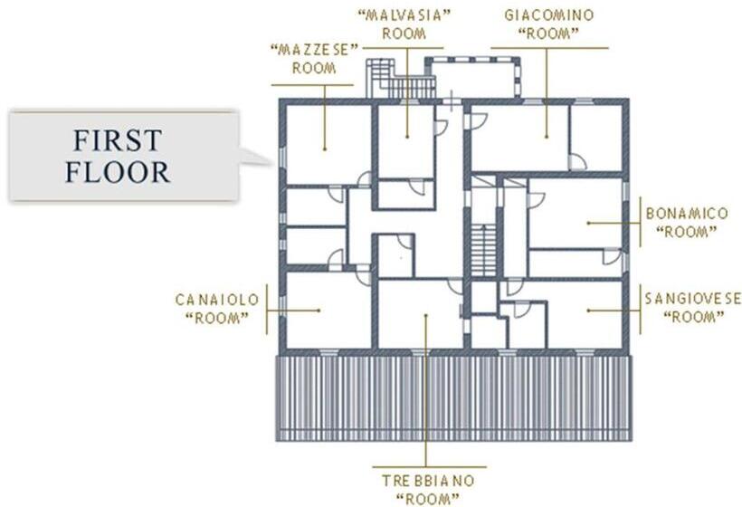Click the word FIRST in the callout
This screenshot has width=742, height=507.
point(118,140)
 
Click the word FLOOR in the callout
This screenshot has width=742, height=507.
point(118,172)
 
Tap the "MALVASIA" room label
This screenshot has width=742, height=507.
point(404,24)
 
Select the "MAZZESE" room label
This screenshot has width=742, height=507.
point(314,59)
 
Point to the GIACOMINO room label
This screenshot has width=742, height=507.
point(549,24)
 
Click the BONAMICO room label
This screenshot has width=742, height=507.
point(687,223)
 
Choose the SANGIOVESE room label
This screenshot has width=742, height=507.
point(693,307)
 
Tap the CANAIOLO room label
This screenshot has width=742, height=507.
point(217,309)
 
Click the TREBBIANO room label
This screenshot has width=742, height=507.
point(428,490)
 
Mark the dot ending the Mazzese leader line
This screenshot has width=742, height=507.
point(325,149)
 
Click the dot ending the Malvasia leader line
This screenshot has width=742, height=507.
point(407,138)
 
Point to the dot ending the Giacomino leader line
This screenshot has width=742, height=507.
point(547,138)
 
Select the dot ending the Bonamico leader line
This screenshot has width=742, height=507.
point(588,223)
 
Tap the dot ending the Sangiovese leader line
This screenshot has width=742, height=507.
point(588,311)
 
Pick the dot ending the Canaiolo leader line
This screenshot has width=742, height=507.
point(319,311)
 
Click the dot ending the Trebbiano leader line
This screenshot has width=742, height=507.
point(426,315)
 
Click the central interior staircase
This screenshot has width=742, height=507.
point(483,251)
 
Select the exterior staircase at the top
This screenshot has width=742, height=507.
point(401,78)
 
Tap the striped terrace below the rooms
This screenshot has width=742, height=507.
point(454,398)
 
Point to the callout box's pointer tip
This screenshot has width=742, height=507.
point(273,165)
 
